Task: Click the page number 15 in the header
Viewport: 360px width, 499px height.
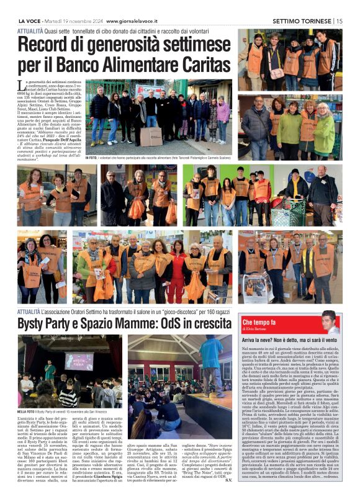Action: click(339, 20)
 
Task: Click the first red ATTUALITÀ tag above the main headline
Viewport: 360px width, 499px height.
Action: click(30, 30)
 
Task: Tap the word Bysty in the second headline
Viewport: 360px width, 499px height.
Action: click(34, 323)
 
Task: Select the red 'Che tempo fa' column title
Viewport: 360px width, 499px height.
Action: click(259, 322)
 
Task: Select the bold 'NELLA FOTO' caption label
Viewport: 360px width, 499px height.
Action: click(26, 411)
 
